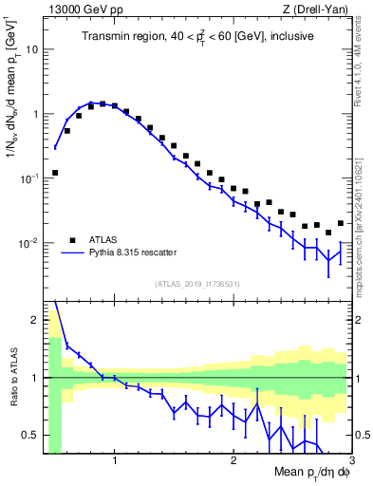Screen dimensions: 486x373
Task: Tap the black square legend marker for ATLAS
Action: [71, 239]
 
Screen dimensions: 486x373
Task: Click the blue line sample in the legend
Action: [71, 252]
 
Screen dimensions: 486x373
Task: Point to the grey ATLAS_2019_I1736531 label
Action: [198, 284]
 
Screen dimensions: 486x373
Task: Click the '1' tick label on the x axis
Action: [115, 462]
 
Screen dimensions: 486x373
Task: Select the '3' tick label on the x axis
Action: [350, 462]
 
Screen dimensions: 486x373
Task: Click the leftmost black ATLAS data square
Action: [55, 173]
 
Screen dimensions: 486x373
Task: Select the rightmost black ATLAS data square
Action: [340, 223]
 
